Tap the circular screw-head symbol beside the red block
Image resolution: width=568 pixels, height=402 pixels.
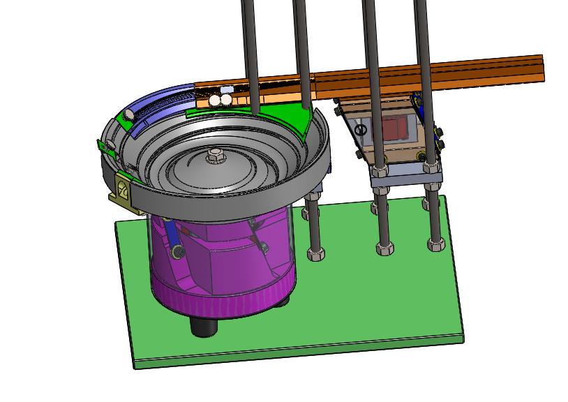coord(361,130)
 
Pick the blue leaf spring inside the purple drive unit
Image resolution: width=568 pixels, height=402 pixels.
coord(172,240)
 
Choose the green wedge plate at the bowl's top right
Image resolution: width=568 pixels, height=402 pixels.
coord(293,119)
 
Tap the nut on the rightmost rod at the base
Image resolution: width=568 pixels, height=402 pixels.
coord(436,244)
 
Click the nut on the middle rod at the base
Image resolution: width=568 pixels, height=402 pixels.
coord(384,248)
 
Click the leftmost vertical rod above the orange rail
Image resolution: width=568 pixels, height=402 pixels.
coord(248,42)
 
